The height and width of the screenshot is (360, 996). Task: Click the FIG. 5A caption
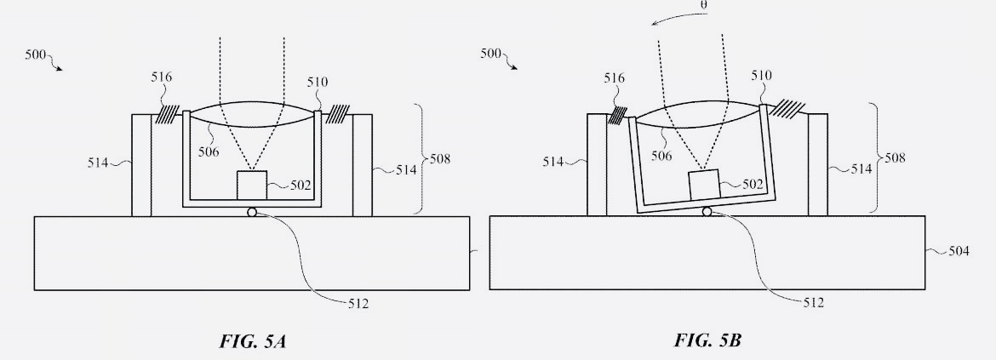253,341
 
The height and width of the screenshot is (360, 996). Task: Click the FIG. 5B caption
707,340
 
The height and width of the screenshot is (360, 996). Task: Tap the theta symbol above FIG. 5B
705,4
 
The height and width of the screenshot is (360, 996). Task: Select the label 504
959,251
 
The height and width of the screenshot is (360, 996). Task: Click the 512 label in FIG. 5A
358,304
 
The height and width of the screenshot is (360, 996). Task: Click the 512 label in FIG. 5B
813,303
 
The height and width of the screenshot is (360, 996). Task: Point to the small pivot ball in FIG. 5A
252,212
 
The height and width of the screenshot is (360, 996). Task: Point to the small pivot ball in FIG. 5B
707,211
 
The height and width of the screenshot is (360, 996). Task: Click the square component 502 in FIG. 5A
251,186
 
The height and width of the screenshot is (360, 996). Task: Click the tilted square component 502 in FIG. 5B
705,186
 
